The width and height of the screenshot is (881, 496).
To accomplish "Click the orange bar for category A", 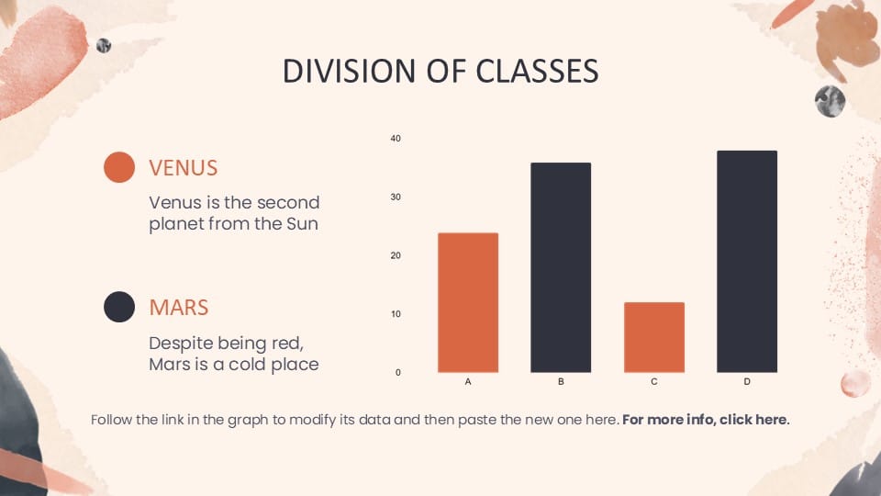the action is coord(468,302).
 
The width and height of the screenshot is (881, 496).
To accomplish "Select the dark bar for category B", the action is coord(561,267).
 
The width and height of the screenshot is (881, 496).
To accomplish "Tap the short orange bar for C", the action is coord(654,337).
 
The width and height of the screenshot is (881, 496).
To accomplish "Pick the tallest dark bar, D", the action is coord(747,262).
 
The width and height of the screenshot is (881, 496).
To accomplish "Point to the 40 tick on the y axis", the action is coord(396,139).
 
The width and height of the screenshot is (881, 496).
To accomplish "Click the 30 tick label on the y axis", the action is coord(396,197).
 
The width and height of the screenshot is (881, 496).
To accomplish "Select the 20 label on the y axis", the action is coord(396,255).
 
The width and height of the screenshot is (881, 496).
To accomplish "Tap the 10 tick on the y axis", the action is coord(396,314).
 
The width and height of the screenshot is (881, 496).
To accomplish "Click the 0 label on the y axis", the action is coord(397,372).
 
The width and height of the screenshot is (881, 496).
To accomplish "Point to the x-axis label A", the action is coord(468,381).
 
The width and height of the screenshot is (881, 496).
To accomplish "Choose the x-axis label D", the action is coord(747,381).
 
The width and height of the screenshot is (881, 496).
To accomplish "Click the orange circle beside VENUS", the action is coord(119,167).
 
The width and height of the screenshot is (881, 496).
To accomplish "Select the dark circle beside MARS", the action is coord(119,307).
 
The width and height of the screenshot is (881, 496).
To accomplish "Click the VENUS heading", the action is coord(184,167).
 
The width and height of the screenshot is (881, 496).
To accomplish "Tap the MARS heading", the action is coord(179,308).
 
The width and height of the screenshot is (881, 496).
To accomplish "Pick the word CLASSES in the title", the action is coord(537,72).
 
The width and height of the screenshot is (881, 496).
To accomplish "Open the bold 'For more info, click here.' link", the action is coord(706,420).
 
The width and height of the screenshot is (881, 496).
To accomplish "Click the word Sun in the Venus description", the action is coord(302,224).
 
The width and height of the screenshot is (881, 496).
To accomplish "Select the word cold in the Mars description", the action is coord(247,365).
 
